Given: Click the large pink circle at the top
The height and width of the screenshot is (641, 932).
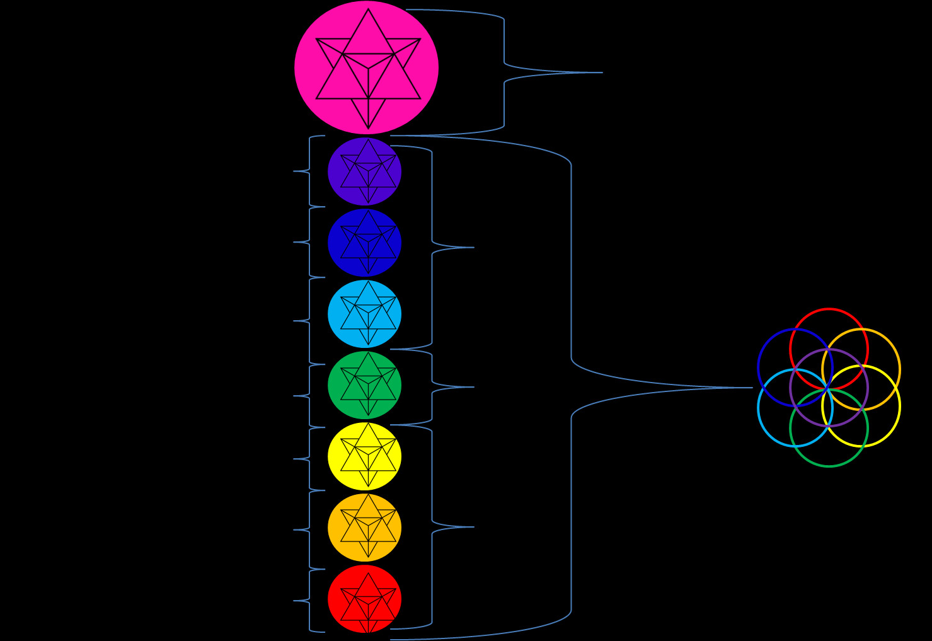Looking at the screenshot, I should click(366, 67).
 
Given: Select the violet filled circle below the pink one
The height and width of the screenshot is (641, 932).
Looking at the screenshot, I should click(364, 171).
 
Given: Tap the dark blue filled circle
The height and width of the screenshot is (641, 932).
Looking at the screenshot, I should click(364, 243).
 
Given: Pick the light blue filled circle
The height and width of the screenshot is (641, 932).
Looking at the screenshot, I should click(364, 314).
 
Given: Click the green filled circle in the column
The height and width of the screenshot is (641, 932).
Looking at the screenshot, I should click(364, 385).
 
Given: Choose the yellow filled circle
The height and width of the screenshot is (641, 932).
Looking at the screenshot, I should click(364, 456).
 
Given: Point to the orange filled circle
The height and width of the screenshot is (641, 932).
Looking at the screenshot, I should click(364, 528).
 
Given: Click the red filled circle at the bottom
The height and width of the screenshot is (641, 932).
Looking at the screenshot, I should click(364, 599).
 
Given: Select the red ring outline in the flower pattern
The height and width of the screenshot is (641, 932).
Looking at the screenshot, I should click(829, 310).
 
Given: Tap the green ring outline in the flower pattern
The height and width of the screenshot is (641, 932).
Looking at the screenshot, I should click(829, 466).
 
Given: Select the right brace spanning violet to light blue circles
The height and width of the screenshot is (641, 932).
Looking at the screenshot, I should click(433, 247).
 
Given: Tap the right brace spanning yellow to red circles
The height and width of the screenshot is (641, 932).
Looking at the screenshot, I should click(433, 527).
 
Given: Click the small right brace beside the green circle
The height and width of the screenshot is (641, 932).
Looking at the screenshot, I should click(433, 387).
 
